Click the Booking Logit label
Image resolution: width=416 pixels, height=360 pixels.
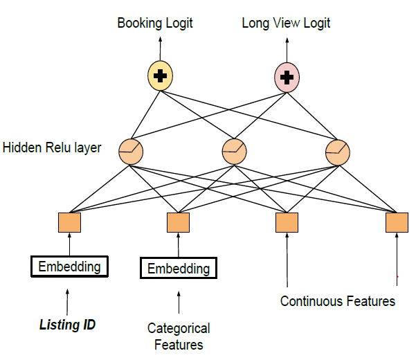point(155,23)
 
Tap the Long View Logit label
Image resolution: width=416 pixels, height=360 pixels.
point(286,23)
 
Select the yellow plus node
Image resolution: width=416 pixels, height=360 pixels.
point(160,76)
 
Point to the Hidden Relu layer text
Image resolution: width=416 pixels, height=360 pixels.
point(52,147)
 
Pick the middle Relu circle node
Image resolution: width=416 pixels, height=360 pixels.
point(233,150)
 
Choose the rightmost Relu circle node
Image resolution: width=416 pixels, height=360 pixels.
point(337,150)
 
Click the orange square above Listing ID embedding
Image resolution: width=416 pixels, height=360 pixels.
point(69,222)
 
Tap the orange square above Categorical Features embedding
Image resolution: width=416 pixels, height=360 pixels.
point(179,222)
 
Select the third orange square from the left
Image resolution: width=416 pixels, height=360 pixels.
point(287,222)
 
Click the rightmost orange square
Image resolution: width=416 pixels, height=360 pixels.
point(397,222)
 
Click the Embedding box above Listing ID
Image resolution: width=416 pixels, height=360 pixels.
point(69,267)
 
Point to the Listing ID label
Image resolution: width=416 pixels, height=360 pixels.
point(67,324)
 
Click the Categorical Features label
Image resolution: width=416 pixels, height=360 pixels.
point(179,336)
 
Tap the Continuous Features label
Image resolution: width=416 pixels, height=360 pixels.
point(338,301)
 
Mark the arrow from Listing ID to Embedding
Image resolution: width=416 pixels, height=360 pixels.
point(68,300)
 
